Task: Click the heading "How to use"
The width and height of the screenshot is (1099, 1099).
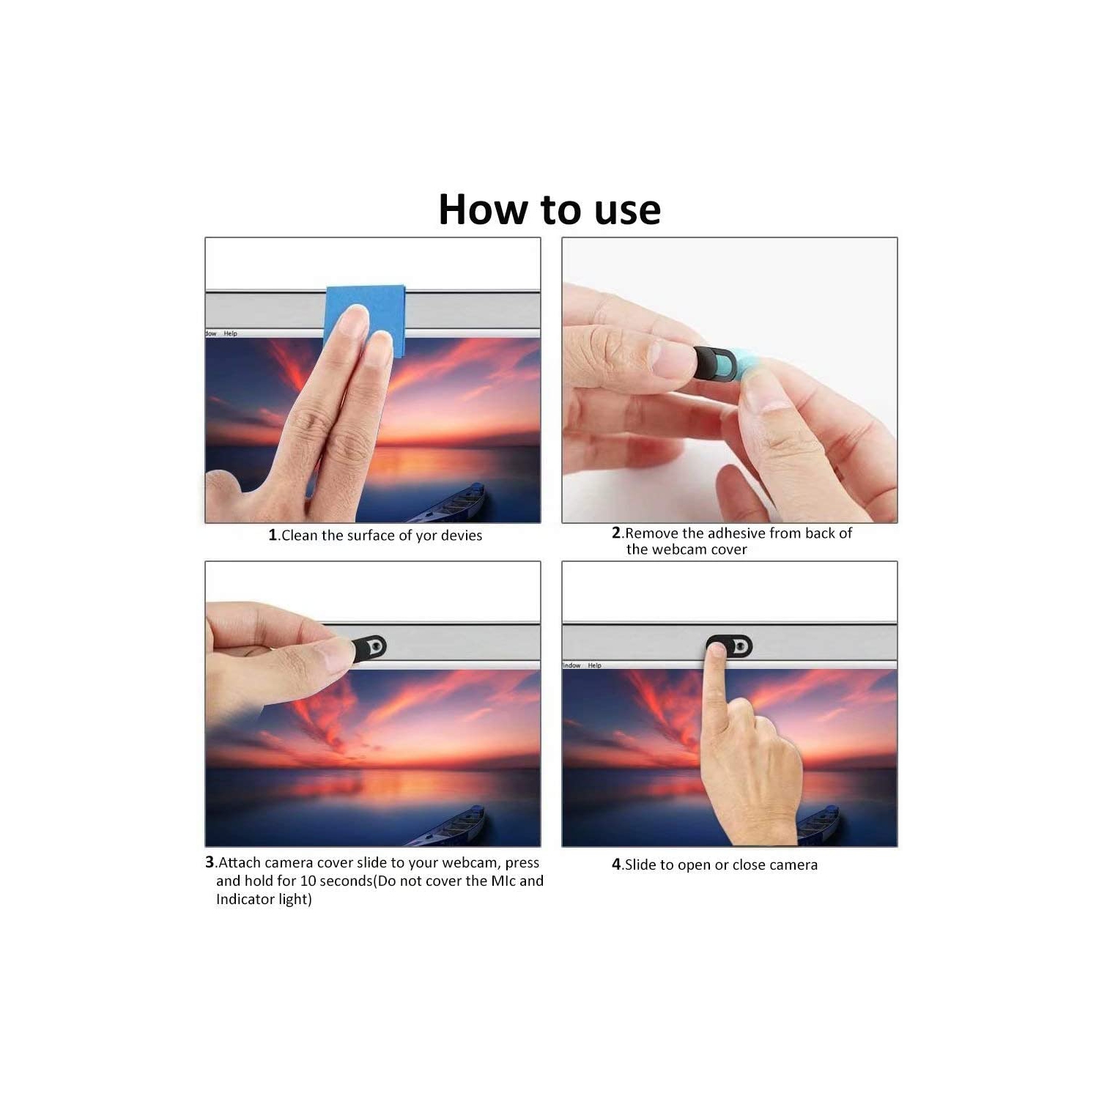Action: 549,210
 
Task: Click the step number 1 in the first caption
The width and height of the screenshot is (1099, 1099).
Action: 273,536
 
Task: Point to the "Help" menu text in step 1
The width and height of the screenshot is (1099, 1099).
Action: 231,333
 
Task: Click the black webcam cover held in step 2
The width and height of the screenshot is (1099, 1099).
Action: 714,363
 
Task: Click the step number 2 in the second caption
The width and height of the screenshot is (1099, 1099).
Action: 616,533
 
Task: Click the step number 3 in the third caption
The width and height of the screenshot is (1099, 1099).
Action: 210,863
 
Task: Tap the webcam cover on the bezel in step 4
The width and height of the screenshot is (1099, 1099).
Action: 730,646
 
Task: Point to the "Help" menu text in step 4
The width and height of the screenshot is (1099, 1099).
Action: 594,665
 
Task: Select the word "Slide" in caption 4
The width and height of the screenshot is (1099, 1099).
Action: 641,865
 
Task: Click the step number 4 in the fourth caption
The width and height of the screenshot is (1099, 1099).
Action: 616,865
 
